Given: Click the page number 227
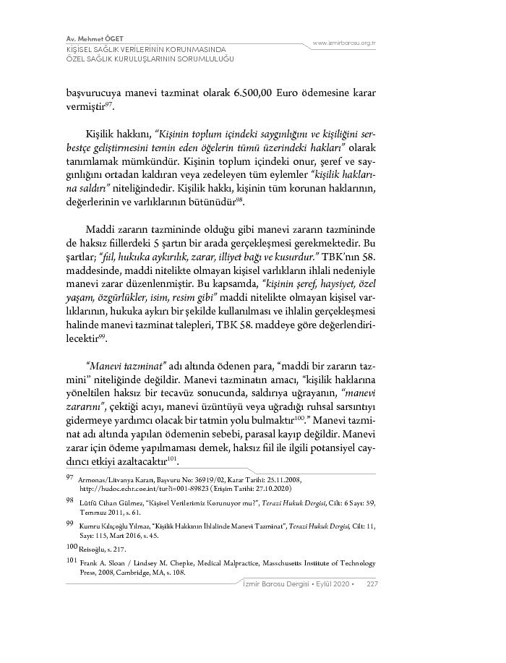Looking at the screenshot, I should [373, 583].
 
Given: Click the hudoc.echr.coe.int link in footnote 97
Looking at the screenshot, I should [145, 487].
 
